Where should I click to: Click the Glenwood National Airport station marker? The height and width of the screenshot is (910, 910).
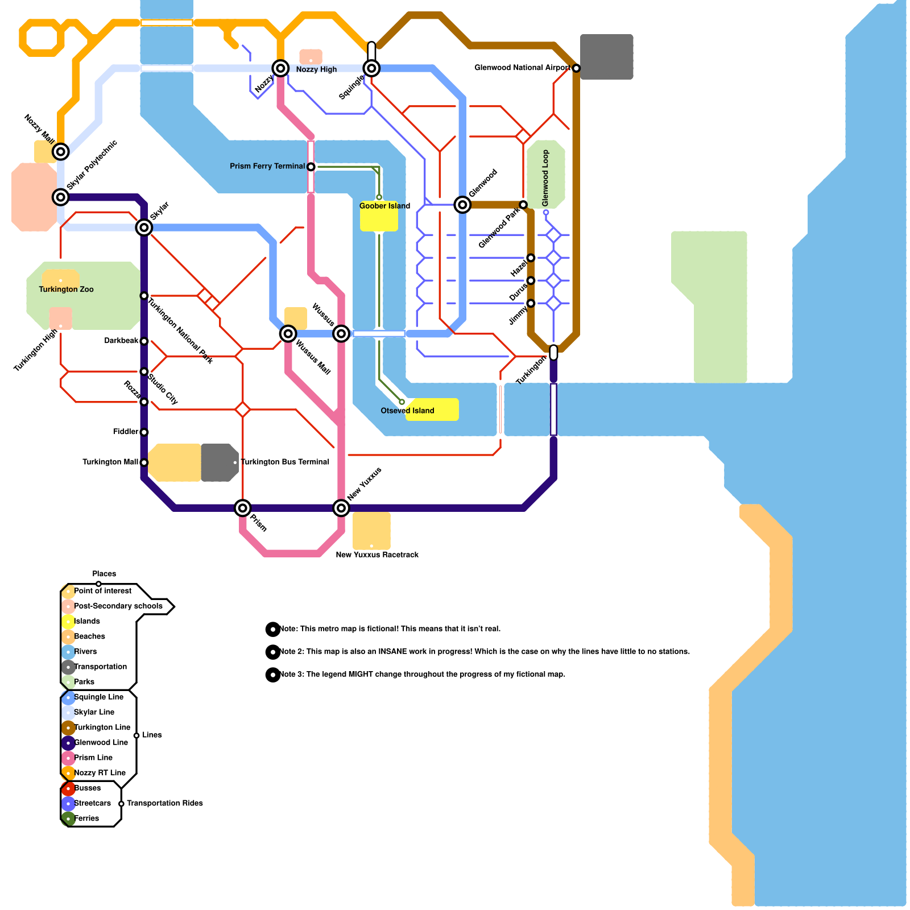pyautogui.click(x=576, y=68)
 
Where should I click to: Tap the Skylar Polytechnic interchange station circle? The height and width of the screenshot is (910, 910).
pyautogui.click(x=61, y=197)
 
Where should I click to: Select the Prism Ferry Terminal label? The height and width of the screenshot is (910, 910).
pyautogui.click(x=267, y=166)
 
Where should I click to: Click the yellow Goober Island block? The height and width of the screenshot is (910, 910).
pyautogui.click(x=379, y=220)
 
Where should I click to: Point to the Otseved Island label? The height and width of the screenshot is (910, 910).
pyautogui.click(x=407, y=411)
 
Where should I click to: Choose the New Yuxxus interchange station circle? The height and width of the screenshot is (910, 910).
pyautogui.click(x=341, y=508)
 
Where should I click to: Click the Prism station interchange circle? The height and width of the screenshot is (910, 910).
pyautogui.click(x=243, y=508)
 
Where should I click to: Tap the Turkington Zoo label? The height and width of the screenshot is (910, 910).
pyautogui.click(x=66, y=289)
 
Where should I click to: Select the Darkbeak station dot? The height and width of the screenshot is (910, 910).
pyautogui.click(x=144, y=341)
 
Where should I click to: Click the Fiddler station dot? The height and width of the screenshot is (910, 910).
pyautogui.click(x=144, y=432)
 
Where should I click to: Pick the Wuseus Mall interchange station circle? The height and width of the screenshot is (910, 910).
pyautogui.click(x=288, y=333)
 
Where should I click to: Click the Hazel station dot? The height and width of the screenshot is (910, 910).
pyautogui.click(x=531, y=258)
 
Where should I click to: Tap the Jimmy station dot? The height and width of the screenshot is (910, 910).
pyautogui.click(x=531, y=303)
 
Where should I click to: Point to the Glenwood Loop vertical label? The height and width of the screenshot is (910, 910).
pyautogui.click(x=545, y=178)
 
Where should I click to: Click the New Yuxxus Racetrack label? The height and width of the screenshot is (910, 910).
pyautogui.click(x=377, y=555)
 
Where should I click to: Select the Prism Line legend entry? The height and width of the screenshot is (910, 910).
pyautogui.click(x=93, y=758)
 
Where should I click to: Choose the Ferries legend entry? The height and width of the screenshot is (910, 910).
pyautogui.click(x=86, y=818)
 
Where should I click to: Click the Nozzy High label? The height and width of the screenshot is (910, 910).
pyautogui.click(x=316, y=69)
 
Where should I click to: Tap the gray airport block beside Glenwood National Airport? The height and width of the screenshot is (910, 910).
pyautogui.click(x=607, y=57)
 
